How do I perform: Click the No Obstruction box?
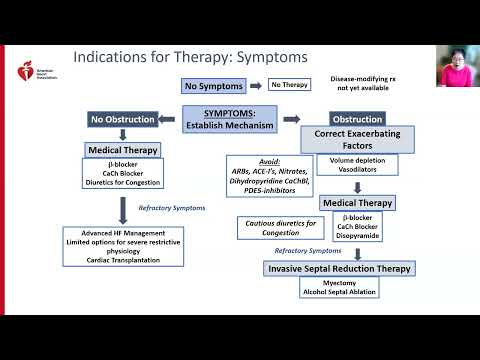point(123,119)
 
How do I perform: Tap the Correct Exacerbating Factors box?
point(359,139)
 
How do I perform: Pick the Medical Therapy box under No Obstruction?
point(123,151)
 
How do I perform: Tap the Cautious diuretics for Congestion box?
point(273,228)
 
